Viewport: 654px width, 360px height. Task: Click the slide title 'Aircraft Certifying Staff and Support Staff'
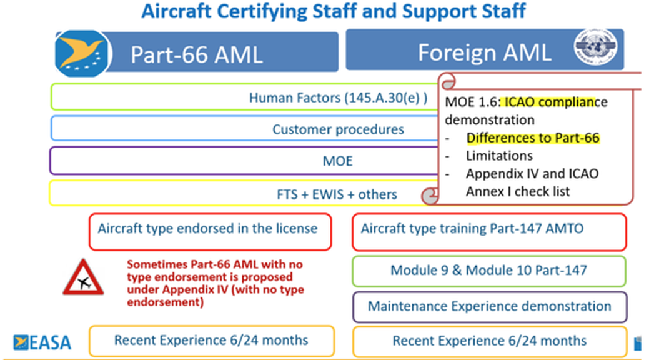(x=334, y=11)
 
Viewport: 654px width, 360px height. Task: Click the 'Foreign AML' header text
(x=485, y=52)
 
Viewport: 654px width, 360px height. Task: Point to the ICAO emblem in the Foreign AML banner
(x=595, y=46)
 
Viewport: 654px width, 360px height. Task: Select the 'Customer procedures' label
(x=338, y=129)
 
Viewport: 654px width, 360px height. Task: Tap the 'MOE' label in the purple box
(x=337, y=161)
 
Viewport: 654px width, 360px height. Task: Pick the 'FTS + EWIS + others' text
(x=337, y=194)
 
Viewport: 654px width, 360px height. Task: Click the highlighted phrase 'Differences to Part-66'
(x=533, y=137)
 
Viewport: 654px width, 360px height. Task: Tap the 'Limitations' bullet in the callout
(x=499, y=156)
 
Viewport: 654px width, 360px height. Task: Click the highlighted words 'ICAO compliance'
(x=551, y=102)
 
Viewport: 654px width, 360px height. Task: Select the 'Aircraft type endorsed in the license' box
(x=211, y=232)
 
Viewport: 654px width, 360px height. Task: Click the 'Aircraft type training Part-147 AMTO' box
(x=489, y=232)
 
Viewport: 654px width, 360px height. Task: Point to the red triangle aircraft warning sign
(x=84, y=277)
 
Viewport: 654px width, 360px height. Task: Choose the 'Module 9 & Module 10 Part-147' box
(x=489, y=271)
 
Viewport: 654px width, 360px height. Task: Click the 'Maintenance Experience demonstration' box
(x=490, y=307)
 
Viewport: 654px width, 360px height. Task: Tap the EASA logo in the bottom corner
(x=42, y=342)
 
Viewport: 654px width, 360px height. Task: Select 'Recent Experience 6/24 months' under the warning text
(x=212, y=341)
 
